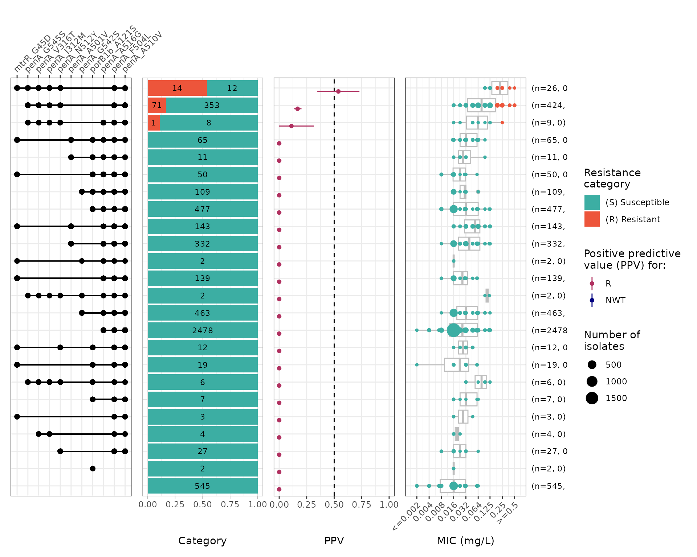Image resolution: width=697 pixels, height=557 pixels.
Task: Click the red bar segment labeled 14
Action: click(177, 88)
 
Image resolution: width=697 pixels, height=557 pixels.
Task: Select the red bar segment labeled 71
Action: click(156, 106)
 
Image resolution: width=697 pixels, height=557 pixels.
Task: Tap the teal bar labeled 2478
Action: click(203, 330)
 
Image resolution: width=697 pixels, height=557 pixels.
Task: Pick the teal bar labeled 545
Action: click(203, 486)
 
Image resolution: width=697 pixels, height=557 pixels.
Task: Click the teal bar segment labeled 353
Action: click(212, 106)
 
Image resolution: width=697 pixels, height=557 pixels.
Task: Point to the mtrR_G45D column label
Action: click(32, 54)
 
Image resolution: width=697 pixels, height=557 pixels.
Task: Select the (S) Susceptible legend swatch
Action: click(592, 202)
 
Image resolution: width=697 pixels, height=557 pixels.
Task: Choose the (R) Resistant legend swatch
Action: click(592, 219)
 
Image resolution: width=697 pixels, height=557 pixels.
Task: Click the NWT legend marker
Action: click(592, 300)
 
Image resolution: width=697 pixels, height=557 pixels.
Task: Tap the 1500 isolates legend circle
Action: click(592, 398)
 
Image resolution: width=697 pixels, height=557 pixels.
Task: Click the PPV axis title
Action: click(334, 541)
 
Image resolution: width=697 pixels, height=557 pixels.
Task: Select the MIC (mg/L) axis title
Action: click(465, 541)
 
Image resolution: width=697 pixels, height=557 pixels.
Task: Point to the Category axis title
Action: click(202, 541)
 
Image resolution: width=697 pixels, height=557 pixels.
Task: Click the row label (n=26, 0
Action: click(549, 88)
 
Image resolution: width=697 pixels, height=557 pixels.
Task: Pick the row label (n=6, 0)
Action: click(548, 382)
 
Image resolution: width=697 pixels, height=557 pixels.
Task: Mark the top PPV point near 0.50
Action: click(338, 91)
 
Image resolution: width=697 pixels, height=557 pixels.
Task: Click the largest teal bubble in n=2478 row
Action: click(453, 330)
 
